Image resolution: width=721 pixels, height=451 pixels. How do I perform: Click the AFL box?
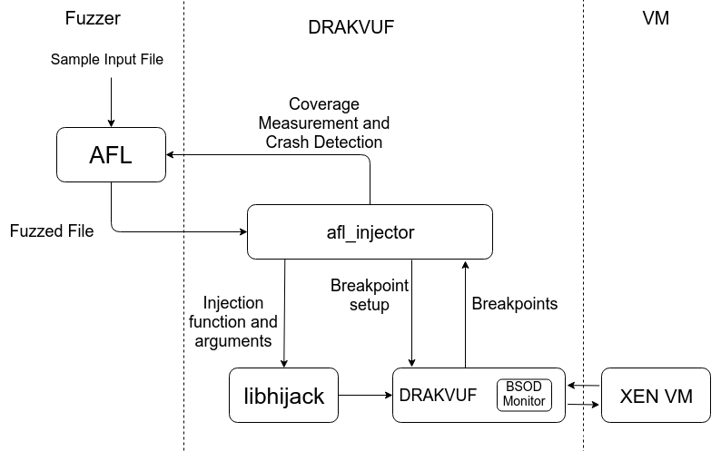pos(111,154)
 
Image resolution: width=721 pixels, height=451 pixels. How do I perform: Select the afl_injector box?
pos(370,232)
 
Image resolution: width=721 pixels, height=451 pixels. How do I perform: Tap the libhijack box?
pos(284,396)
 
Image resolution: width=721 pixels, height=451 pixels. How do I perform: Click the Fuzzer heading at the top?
pos(94,17)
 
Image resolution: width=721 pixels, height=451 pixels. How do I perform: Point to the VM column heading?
pos(655,17)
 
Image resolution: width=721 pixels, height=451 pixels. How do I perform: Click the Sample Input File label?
pos(107,60)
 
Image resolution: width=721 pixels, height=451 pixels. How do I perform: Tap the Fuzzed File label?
pos(52,230)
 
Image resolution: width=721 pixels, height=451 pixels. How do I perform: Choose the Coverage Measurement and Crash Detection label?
pos(324,123)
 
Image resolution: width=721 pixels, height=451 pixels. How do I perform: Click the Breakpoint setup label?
pos(370,295)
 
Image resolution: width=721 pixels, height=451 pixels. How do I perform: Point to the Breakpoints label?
pos(515,304)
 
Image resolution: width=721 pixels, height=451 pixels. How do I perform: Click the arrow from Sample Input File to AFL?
pos(111,100)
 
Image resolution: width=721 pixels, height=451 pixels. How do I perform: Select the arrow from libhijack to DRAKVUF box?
pos(365,396)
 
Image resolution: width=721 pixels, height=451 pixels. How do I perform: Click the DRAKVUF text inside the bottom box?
pos(438,395)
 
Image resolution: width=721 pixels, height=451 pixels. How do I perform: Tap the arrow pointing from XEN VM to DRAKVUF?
pos(583,385)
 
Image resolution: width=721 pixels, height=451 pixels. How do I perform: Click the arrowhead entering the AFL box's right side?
pos(172,154)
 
